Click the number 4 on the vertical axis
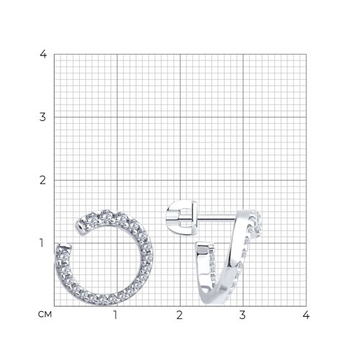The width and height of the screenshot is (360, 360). (x=43, y=54)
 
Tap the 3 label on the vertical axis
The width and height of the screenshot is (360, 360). (x=42, y=117)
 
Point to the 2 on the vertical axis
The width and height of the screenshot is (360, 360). (x=42, y=180)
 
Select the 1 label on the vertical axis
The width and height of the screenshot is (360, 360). (x=42, y=243)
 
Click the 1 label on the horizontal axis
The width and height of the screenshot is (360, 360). (x=115, y=315)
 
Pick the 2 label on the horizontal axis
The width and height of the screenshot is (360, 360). (x=179, y=315)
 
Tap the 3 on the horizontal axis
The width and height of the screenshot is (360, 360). (x=243, y=315)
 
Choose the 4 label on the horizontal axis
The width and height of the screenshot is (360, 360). (x=306, y=315)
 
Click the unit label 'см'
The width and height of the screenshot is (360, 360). (x=45, y=315)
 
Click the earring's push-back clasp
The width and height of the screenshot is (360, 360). (x=181, y=217)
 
